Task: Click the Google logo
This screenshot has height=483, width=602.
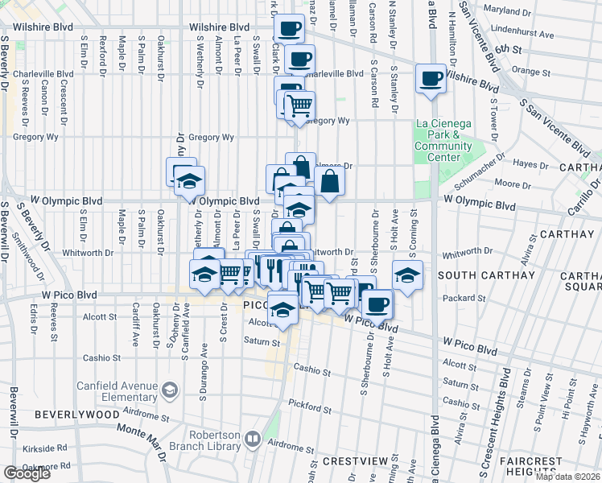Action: (27, 473)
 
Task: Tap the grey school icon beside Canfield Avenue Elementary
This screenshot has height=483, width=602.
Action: (170, 391)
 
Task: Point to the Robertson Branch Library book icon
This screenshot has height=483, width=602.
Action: (253, 440)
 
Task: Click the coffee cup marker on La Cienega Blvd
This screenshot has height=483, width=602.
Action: (431, 79)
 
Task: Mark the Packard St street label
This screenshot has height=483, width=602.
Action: (460, 297)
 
